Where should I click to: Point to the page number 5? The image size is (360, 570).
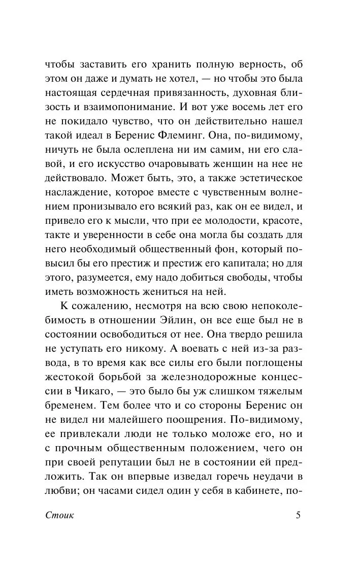coord(298,516)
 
